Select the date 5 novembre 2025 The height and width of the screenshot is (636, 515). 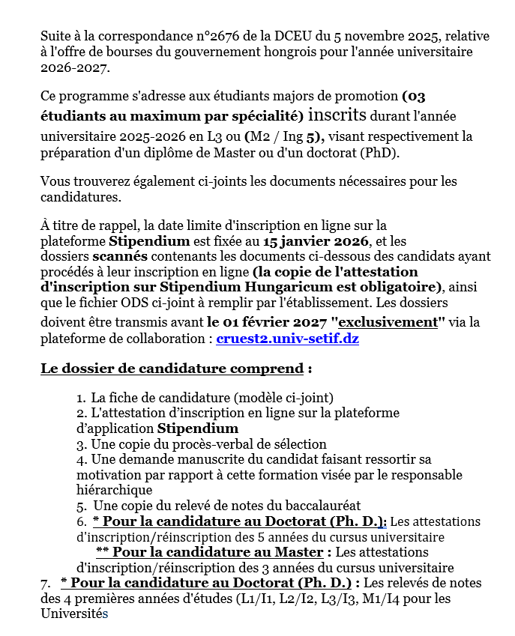point(356,35)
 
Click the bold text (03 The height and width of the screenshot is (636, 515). point(414,96)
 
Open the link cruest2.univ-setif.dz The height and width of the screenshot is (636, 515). point(286,339)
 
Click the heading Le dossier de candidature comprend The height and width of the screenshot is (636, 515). point(172,369)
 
